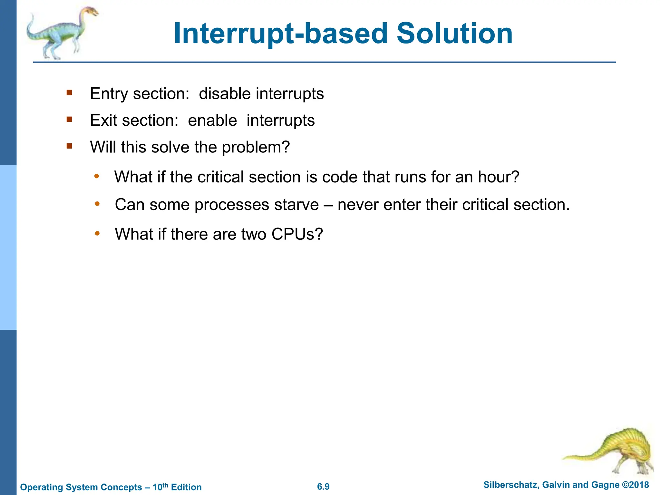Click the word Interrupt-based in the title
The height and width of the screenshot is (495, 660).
[x=281, y=34]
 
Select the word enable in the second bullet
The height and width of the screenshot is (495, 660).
[x=212, y=121]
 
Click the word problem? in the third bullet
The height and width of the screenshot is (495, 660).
[x=256, y=147]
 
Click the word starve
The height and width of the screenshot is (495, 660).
[x=296, y=205]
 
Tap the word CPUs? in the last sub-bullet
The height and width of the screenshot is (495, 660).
[x=297, y=234]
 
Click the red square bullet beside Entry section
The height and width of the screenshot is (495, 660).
[x=69, y=93]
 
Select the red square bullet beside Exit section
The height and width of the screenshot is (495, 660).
[x=69, y=120]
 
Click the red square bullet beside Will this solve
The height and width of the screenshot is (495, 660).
[x=69, y=146]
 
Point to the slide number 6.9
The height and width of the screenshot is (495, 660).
[x=323, y=487]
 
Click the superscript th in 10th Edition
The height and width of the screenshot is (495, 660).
[x=165, y=485]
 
